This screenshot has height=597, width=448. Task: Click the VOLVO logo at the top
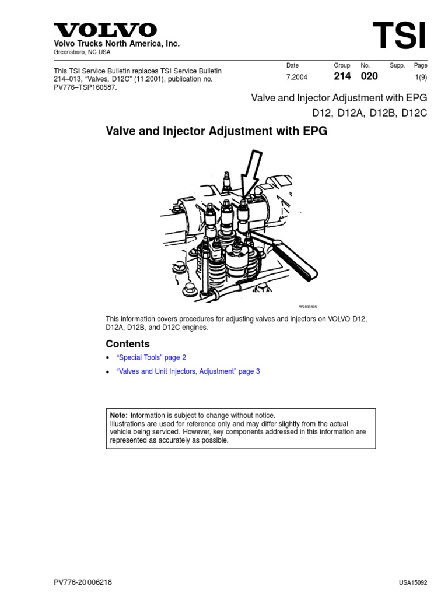coord(106,30)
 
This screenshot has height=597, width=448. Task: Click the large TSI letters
coord(400,36)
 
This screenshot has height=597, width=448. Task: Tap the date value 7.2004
coord(296,77)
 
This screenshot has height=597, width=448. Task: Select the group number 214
coord(342,76)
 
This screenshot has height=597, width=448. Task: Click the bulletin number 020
coord(369,76)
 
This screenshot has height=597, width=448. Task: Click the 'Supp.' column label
coord(397,66)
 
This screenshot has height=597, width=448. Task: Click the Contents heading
coord(128,344)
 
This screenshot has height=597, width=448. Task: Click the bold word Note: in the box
coord(118,415)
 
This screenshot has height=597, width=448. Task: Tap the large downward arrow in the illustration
coord(249,175)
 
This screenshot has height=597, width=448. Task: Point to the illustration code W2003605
coord(309,307)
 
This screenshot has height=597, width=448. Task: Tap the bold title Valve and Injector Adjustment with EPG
coord(216,131)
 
